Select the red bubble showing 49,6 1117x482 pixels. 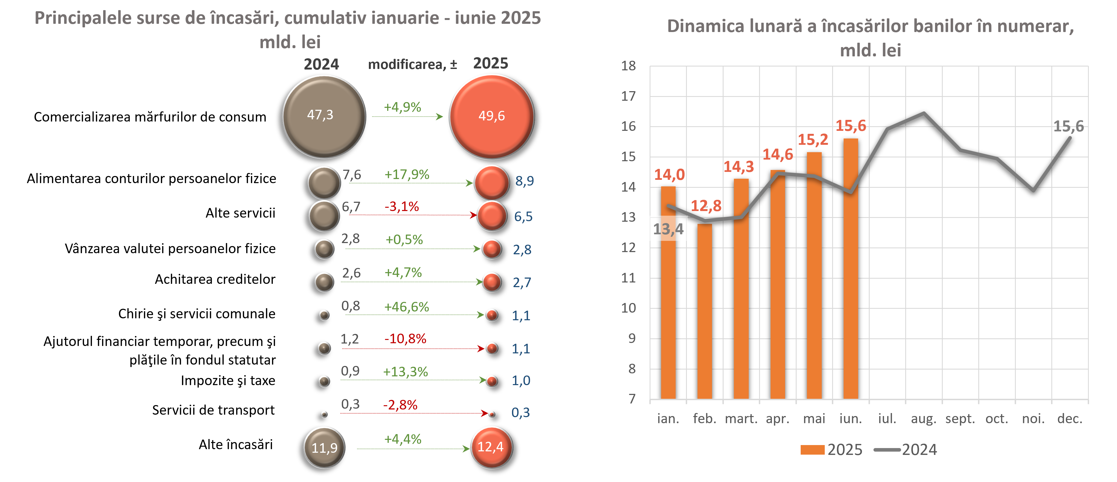pyautogui.click(x=491, y=116)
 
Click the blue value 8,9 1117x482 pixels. pyautogui.click(x=524, y=181)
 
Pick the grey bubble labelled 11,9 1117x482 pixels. pyautogui.click(x=324, y=447)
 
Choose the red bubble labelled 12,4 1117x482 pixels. pyautogui.click(x=491, y=447)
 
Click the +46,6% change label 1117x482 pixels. pyautogui.click(x=406, y=307)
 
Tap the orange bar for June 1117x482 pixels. pyautogui.click(x=851, y=269)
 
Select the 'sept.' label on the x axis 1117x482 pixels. pyautogui.click(x=960, y=419)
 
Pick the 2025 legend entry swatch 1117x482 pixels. pyautogui.click(x=812, y=449)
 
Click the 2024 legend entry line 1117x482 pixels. pyautogui.click(x=887, y=449)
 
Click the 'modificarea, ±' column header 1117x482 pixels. pyautogui.click(x=412, y=65)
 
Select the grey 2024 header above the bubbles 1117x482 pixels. pyautogui.click(x=321, y=64)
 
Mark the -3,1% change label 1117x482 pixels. pyautogui.click(x=401, y=206)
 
